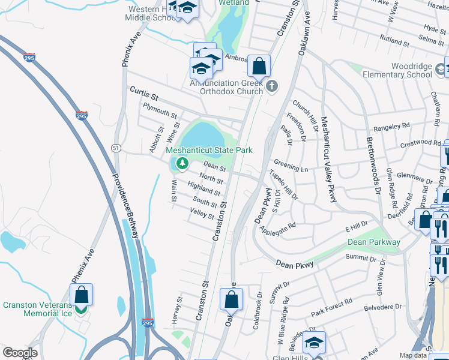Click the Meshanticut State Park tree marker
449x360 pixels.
tap(181, 163)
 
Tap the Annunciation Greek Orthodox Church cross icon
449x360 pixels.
tap(272, 86)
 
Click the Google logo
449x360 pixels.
tap(20, 353)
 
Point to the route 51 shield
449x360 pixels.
tap(115, 147)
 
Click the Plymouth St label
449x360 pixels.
tap(160, 110)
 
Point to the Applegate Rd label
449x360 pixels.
tap(278, 229)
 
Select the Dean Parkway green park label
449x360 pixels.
tap(374, 242)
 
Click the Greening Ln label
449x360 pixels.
tap(291, 166)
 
